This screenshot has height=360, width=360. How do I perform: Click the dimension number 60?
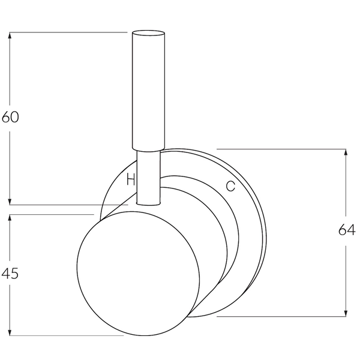(10, 117)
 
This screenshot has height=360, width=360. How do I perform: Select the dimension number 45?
(10, 274)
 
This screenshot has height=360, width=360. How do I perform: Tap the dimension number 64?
(346, 230)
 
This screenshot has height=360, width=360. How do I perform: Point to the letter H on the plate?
(130, 178)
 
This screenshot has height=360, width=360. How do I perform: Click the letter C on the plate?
(230, 186)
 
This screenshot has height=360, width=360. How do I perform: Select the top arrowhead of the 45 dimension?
(10, 219)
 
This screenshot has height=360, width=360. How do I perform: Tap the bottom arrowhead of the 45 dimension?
(10, 331)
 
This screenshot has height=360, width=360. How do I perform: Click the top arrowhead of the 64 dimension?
(346, 153)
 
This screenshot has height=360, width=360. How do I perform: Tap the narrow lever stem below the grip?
(148, 177)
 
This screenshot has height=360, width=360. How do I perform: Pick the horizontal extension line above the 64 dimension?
(282, 148)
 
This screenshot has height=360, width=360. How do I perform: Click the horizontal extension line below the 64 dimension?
(282, 316)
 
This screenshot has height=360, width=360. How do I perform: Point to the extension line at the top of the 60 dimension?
(66, 32)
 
